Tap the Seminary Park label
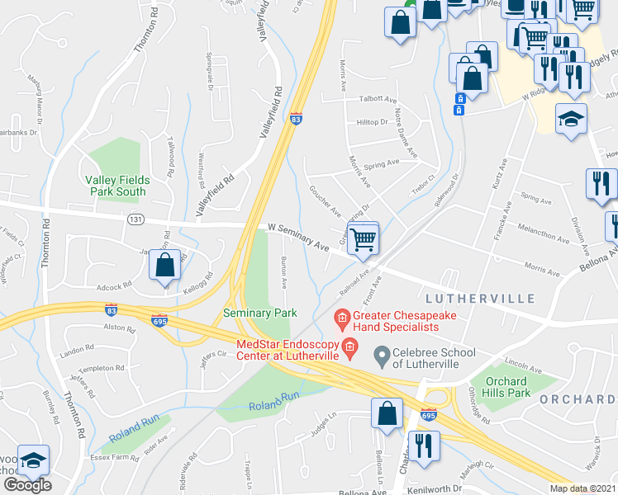coord(259,313)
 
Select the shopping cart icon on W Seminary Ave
coord(363,240)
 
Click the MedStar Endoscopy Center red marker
coord(350,346)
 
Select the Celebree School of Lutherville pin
coord(382,357)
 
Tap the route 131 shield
coord(137,219)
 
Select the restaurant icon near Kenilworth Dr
coord(425,445)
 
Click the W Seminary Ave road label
coord(298,237)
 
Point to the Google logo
coord(27,485)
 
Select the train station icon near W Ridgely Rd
coord(460,105)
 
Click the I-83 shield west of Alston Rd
coord(111,309)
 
